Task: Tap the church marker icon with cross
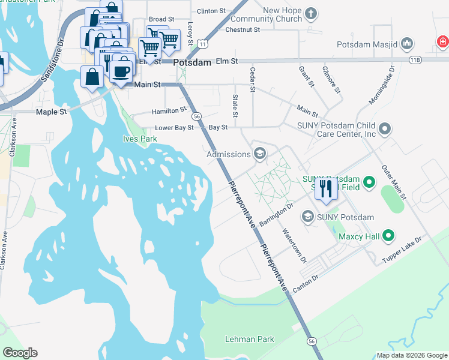tap(310, 13)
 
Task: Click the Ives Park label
tap(140, 139)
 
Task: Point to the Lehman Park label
tap(250, 339)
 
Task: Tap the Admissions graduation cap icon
tap(260, 154)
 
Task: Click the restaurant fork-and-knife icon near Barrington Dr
tap(325, 188)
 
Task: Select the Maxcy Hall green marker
tap(388, 236)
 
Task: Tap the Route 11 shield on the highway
tap(204, 44)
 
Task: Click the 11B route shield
tap(415, 60)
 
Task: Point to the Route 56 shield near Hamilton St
tap(196, 116)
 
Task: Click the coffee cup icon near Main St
tap(122, 71)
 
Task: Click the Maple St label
tap(51, 112)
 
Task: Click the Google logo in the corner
tap(20, 353)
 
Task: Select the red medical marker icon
tap(443, 41)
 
